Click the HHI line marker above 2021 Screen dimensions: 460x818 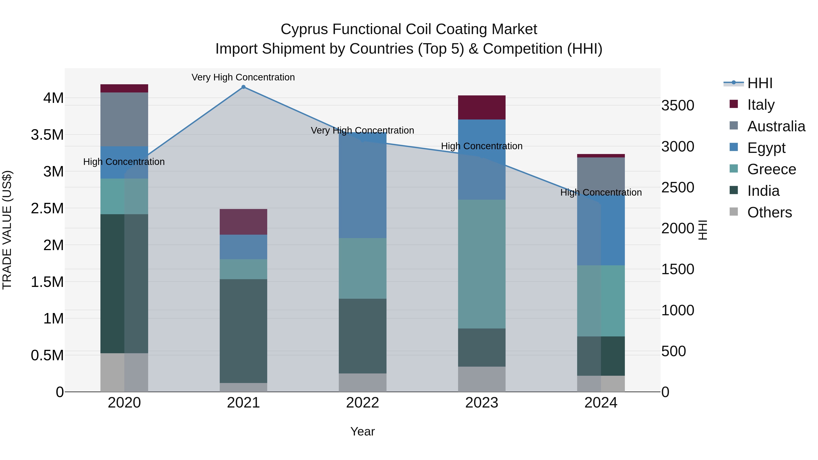243,87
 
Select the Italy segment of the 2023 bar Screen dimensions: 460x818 481,107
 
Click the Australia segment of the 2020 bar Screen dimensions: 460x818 124,119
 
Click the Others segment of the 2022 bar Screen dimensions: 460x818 362,382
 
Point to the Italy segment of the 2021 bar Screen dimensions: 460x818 243,221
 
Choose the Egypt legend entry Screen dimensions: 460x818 766,148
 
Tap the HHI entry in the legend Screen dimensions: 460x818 760,83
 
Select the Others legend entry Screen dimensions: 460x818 769,212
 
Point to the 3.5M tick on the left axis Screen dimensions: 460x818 47,135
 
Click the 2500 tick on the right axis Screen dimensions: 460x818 678,188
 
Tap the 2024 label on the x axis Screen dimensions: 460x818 601,403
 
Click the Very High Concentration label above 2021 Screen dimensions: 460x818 243,77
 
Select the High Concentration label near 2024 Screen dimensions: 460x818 601,192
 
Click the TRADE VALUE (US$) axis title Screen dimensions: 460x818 7,230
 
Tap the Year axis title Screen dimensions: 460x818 362,431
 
